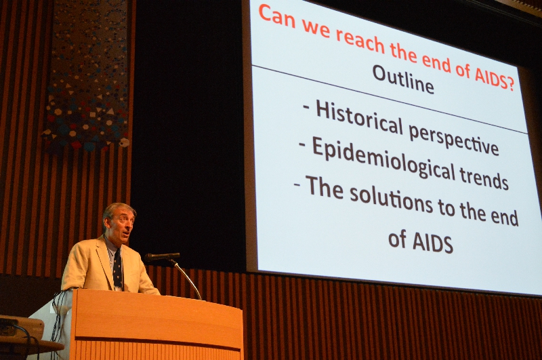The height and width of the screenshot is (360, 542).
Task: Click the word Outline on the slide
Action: click(402, 79)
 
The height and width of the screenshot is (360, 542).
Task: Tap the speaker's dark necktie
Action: click(117, 268)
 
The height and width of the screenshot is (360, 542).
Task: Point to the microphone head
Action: click(162, 257)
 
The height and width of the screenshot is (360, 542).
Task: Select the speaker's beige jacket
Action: click(104, 266)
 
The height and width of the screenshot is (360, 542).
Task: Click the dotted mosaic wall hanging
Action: click(88, 76)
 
